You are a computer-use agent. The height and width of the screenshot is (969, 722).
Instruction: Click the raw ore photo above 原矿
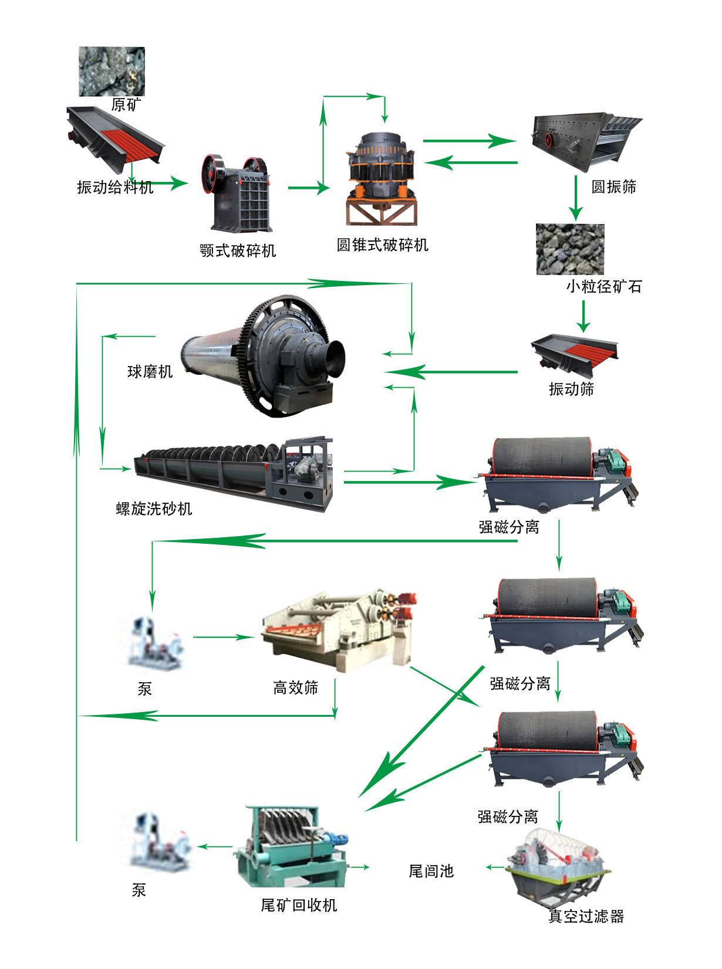(112, 72)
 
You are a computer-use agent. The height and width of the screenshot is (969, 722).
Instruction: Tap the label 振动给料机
(115, 187)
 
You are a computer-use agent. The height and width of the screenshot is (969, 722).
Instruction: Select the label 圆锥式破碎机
(382, 245)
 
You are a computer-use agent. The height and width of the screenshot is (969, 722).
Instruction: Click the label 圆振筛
(613, 187)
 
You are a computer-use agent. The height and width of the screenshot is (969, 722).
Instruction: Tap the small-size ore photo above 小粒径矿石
(570, 249)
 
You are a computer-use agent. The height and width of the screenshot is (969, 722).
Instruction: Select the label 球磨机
(150, 371)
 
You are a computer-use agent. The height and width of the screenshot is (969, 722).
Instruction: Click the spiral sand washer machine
(235, 472)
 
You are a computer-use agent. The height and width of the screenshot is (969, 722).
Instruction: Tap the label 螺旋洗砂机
(154, 509)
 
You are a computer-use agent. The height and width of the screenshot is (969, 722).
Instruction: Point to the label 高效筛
(295, 687)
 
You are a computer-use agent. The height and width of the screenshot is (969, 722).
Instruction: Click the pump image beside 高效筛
(156, 642)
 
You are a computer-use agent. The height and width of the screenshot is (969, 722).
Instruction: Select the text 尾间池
(431, 871)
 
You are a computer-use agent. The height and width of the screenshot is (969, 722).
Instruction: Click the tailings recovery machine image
(291, 845)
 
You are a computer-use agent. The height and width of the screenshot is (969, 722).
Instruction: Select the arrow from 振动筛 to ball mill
(452, 372)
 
